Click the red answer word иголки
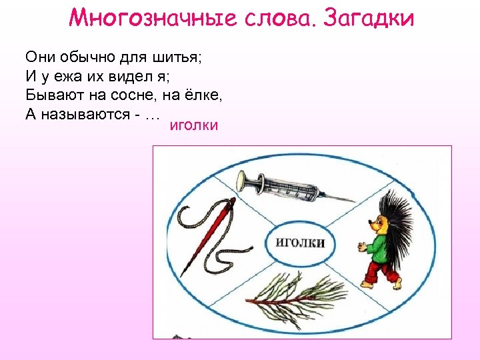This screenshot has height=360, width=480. (x=194, y=125)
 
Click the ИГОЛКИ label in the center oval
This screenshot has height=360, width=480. (x=300, y=242)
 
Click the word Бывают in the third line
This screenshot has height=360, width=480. (x=51, y=95)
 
